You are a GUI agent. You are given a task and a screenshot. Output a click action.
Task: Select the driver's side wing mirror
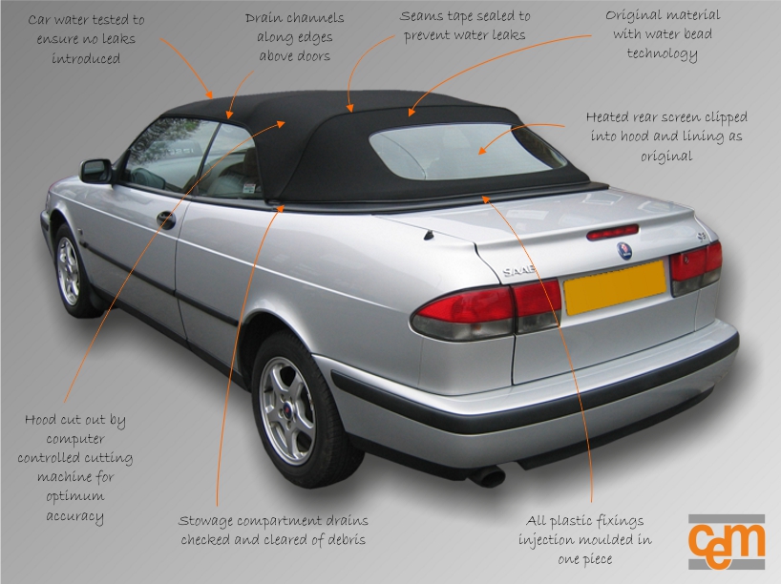pyautogui.click(x=96, y=171)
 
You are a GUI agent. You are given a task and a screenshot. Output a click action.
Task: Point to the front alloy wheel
pyautogui.click(x=69, y=270)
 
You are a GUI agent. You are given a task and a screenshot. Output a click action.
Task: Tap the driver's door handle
pyautogui.click(x=165, y=219)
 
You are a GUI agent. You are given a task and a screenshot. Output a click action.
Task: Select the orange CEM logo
pyautogui.click(x=726, y=542)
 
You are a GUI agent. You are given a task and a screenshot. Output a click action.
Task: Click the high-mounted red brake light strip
pyautogui.click(x=612, y=232)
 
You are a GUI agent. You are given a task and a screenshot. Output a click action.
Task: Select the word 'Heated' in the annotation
pyautogui.click(x=607, y=117)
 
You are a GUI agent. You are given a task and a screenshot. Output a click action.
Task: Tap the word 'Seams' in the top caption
pyautogui.click(x=421, y=17)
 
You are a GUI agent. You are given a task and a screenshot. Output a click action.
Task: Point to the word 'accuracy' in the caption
pyautogui.click(x=74, y=515)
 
